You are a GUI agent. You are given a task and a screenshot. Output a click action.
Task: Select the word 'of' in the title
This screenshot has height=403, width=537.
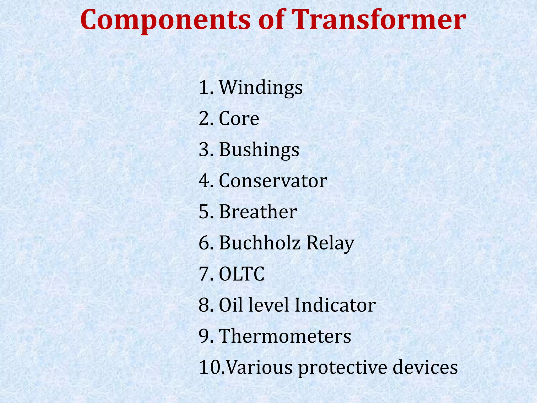(x=271, y=20)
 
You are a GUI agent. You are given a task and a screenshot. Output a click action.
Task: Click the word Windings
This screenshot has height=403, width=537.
(x=261, y=88)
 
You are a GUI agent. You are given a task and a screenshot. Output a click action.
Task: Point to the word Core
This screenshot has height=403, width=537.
(x=239, y=119)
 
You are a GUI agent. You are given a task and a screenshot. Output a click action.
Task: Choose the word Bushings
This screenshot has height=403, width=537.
(x=259, y=150)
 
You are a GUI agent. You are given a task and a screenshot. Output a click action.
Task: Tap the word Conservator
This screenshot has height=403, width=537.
(x=273, y=181)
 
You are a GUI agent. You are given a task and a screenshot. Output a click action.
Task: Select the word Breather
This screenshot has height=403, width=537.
(x=258, y=212)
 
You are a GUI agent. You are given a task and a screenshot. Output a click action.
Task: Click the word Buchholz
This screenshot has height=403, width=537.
(x=260, y=243)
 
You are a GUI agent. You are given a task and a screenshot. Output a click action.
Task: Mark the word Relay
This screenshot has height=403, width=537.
(x=330, y=243)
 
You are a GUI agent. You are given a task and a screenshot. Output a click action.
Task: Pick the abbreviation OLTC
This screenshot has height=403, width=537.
(x=241, y=274)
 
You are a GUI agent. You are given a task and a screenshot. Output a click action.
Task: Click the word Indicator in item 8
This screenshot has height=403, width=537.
(x=335, y=305)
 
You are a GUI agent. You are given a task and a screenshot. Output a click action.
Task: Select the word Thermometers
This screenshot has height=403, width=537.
(x=285, y=336)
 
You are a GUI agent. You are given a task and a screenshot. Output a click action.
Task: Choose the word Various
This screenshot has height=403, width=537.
(x=259, y=367)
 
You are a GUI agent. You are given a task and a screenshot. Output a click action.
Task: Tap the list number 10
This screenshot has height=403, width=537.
(x=210, y=367)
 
